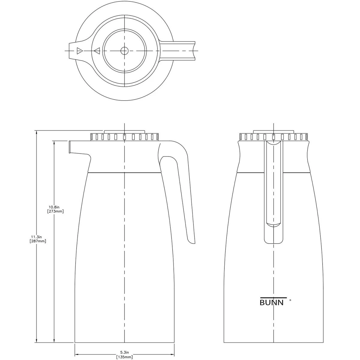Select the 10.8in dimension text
click(x=55, y=207)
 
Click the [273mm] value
click(x=55, y=211)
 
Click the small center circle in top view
click(x=124, y=51)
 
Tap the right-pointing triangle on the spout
click(x=79, y=51)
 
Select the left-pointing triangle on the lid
click(x=97, y=51)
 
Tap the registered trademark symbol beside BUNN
click(x=290, y=299)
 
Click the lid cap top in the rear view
click(x=274, y=131)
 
